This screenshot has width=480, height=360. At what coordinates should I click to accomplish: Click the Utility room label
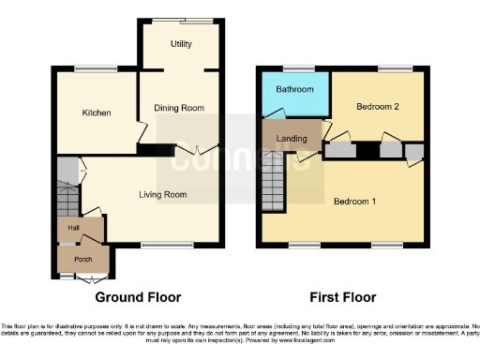tap(181, 44)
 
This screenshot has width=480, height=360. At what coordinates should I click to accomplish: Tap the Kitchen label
tap(96, 112)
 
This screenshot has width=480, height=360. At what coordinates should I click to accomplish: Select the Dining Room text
tap(179, 108)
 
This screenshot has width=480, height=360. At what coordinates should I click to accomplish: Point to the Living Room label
tap(163, 195)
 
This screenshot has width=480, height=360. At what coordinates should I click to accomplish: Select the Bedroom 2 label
tap(377, 107)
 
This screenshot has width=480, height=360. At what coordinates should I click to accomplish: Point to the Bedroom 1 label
tap(354, 202)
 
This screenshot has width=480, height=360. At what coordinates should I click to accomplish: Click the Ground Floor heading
tap(139, 297)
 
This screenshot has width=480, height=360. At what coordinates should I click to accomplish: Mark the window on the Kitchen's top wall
tap(90, 69)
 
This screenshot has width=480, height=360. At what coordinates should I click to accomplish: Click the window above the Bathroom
tap(299, 69)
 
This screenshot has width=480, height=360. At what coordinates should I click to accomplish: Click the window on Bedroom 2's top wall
tap(392, 69)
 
